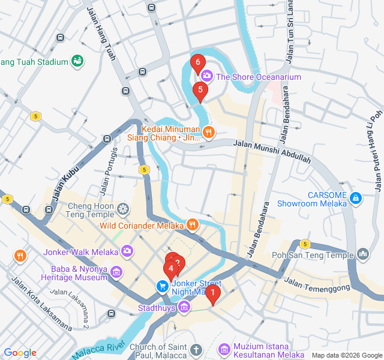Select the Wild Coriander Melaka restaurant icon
tap(191, 225)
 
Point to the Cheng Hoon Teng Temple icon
tap(122, 209)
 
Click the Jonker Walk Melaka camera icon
tap(127, 251)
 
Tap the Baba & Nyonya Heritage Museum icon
tap(117, 273)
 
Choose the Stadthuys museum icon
tap(184, 308)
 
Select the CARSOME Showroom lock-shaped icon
tap(356, 197)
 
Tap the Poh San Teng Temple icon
tap(362, 255)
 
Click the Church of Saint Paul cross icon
tap(196, 349)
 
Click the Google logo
tap(20, 353)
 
